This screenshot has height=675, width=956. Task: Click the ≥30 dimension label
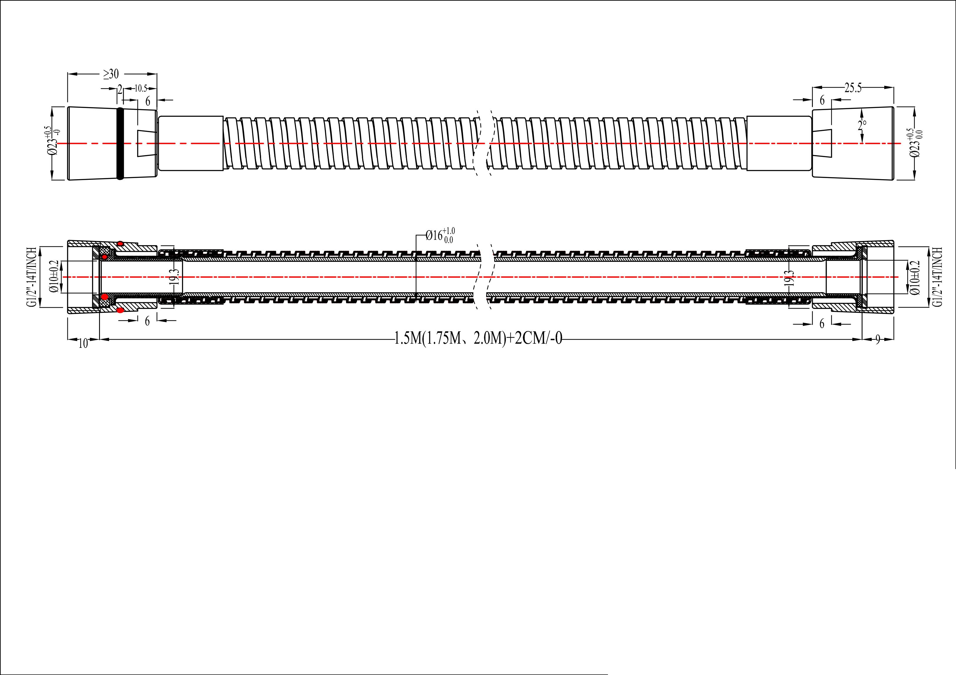click(x=111, y=74)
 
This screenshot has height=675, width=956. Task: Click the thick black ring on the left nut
click(x=120, y=143)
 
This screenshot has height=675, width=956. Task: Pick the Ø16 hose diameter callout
click(x=440, y=235)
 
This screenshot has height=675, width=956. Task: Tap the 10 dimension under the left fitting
click(x=83, y=343)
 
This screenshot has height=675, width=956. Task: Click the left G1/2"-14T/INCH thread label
click(x=31, y=277)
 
